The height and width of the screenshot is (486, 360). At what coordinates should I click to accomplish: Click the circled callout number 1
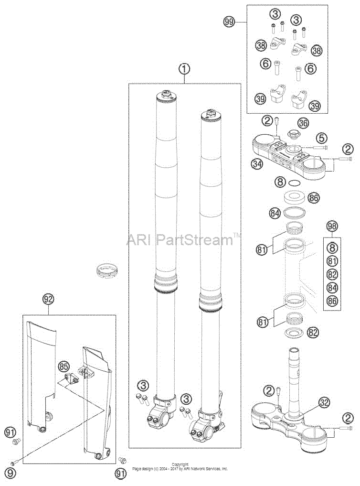click(184, 69)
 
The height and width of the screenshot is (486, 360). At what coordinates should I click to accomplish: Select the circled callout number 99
click(229, 22)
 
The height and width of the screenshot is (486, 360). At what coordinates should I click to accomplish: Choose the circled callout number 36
click(303, 123)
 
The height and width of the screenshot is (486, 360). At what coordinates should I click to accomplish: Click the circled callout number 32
click(324, 403)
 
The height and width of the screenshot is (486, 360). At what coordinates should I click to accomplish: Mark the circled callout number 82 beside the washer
click(313, 332)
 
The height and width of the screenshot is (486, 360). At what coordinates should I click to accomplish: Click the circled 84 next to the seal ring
click(275, 213)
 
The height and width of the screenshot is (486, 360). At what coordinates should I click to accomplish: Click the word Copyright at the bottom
click(180, 464)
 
